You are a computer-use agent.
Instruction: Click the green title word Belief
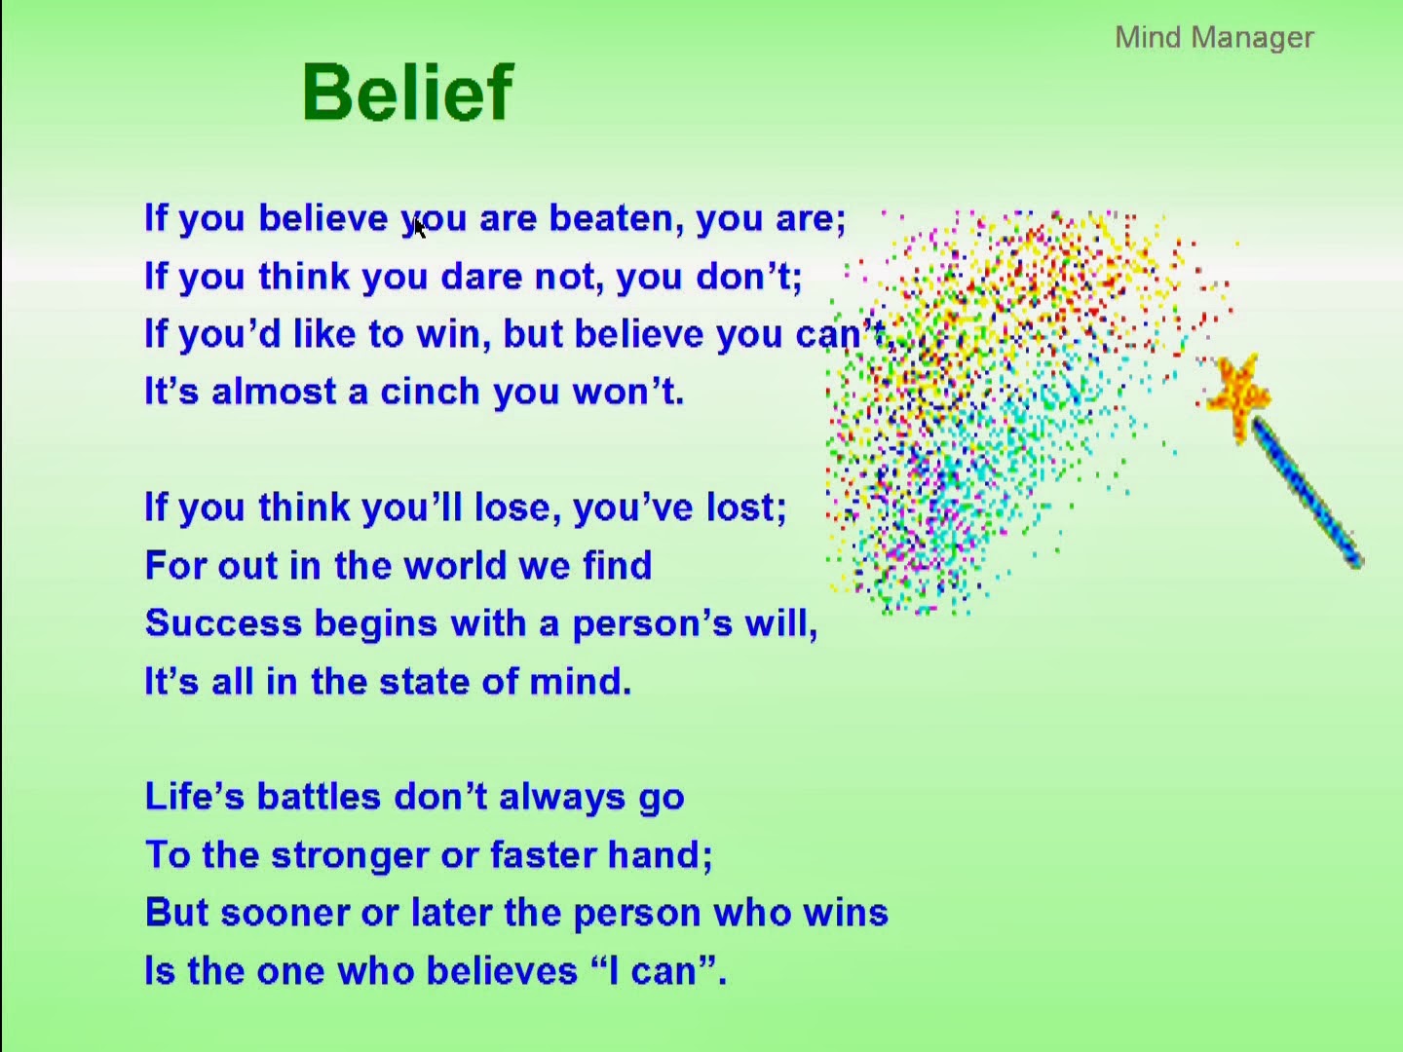click(x=408, y=92)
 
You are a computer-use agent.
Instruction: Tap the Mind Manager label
click(x=1214, y=37)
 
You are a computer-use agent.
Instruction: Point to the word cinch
click(x=430, y=391)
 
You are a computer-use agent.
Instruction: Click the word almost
click(x=274, y=391)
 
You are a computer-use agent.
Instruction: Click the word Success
click(x=223, y=622)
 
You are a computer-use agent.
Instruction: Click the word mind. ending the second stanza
click(x=581, y=681)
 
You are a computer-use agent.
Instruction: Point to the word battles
click(x=319, y=797)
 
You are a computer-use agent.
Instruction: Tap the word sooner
click(x=285, y=913)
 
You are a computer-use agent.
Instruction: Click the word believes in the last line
click(x=502, y=970)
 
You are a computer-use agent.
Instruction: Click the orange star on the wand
click(x=1238, y=396)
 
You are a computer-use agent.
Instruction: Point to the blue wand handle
click(x=1308, y=492)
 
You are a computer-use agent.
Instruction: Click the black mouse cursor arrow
click(x=419, y=228)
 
